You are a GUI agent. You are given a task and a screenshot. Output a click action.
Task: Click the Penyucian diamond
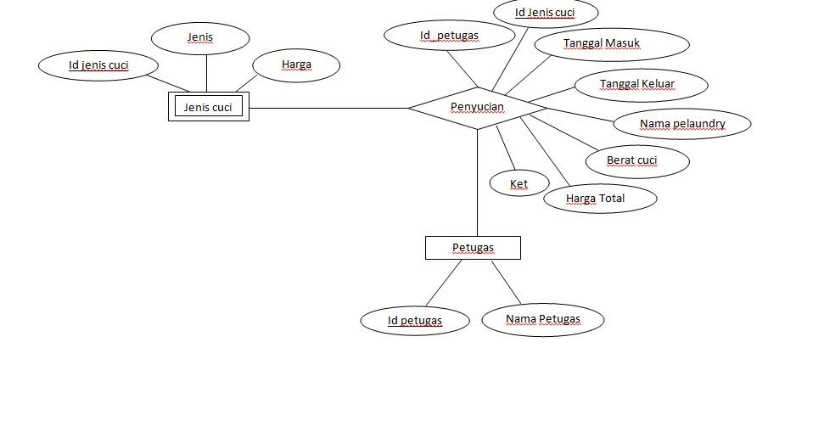pyautogui.click(x=477, y=108)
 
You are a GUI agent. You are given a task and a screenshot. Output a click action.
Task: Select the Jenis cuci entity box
pyautogui.click(x=208, y=107)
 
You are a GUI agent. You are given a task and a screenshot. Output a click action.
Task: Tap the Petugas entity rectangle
pyautogui.click(x=473, y=248)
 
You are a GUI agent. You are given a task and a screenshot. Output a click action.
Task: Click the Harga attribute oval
pyautogui.click(x=296, y=65)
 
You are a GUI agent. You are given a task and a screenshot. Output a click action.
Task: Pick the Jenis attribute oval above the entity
pyautogui.click(x=200, y=37)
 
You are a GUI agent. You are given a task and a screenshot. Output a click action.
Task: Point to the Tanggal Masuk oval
pyautogui.click(x=602, y=44)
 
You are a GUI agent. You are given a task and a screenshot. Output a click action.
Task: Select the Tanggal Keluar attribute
pyautogui.click(x=636, y=84)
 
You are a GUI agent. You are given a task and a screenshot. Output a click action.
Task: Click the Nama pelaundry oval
pyautogui.click(x=682, y=124)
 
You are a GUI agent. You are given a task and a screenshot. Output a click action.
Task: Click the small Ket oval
pyautogui.click(x=519, y=183)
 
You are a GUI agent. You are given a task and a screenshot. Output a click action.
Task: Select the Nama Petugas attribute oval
pyautogui.click(x=543, y=320)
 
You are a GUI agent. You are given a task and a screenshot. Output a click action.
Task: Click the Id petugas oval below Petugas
pyautogui.click(x=414, y=321)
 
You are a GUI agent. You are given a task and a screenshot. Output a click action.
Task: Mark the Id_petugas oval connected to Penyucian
pyautogui.click(x=449, y=36)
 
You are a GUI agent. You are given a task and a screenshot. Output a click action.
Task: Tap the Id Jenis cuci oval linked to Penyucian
pyautogui.click(x=545, y=13)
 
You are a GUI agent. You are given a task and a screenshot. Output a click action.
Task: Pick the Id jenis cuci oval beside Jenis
pyautogui.click(x=98, y=65)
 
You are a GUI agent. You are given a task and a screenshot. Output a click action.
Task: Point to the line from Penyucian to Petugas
pyautogui.click(x=477, y=182)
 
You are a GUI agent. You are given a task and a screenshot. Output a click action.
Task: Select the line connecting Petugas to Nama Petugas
pyautogui.click(x=506, y=283)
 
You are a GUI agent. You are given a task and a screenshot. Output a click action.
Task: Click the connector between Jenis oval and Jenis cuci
pyautogui.click(x=206, y=73)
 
